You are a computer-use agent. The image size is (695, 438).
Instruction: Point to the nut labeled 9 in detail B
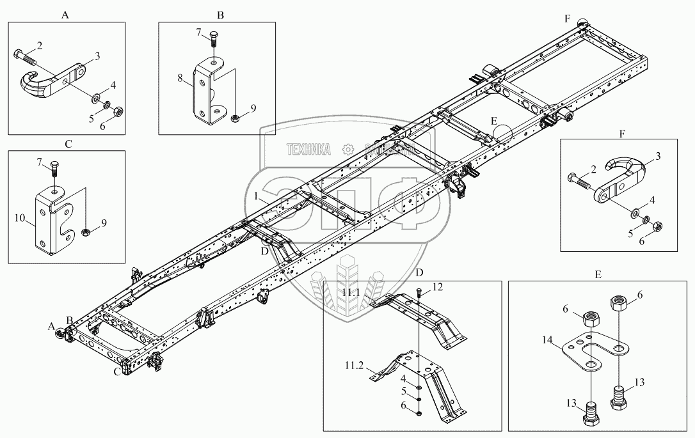pos(235,117)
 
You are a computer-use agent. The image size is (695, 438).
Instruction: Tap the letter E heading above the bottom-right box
pos(598,274)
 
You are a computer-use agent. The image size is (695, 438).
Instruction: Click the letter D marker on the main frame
pos(264,251)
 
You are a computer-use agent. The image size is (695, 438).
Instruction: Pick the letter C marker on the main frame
pos(116,372)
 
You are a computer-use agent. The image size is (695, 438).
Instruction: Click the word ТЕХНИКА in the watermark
pos(308,150)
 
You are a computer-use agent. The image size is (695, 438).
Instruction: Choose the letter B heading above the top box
pos(220,14)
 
